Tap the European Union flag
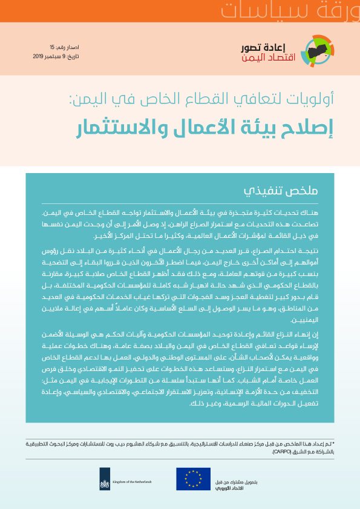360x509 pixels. pyautogui.click(x=193, y=478)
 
